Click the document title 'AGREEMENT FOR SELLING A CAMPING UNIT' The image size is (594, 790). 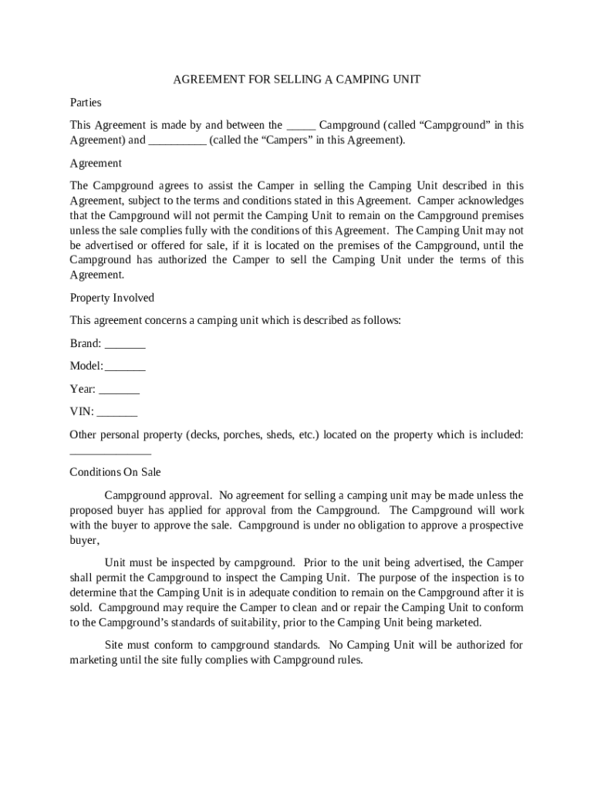pyautogui.click(x=296, y=79)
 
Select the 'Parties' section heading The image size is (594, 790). pyautogui.click(x=86, y=102)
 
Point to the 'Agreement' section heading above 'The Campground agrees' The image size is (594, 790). pyautogui.click(x=96, y=163)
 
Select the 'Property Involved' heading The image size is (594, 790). pyautogui.click(x=112, y=298)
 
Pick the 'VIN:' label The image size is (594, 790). pyautogui.click(x=82, y=412)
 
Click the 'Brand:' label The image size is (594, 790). pyautogui.click(x=86, y=343)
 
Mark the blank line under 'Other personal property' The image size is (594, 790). pyautogui.click(x=110, y=453)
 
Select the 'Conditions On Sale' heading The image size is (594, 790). pyautogui.click(x=115, y=471)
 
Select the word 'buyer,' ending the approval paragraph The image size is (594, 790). pyautogui.click(x=85, y=541)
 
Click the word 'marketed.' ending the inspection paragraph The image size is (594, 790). pyautogui.click(x=456, y=623)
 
